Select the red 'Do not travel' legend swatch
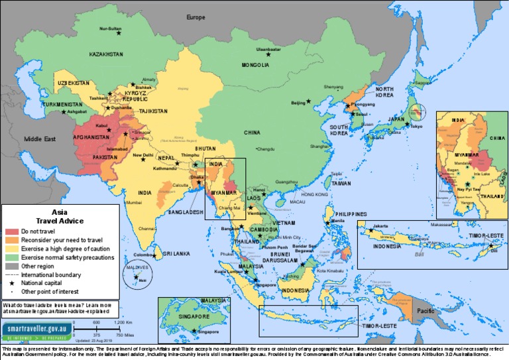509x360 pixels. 12,231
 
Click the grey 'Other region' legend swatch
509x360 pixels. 12,266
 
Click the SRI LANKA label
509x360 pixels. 177,253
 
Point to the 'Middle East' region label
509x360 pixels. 42,140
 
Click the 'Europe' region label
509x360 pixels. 196,17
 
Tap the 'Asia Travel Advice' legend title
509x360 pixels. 59,217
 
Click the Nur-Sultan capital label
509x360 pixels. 111,29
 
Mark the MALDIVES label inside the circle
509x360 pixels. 137,267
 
